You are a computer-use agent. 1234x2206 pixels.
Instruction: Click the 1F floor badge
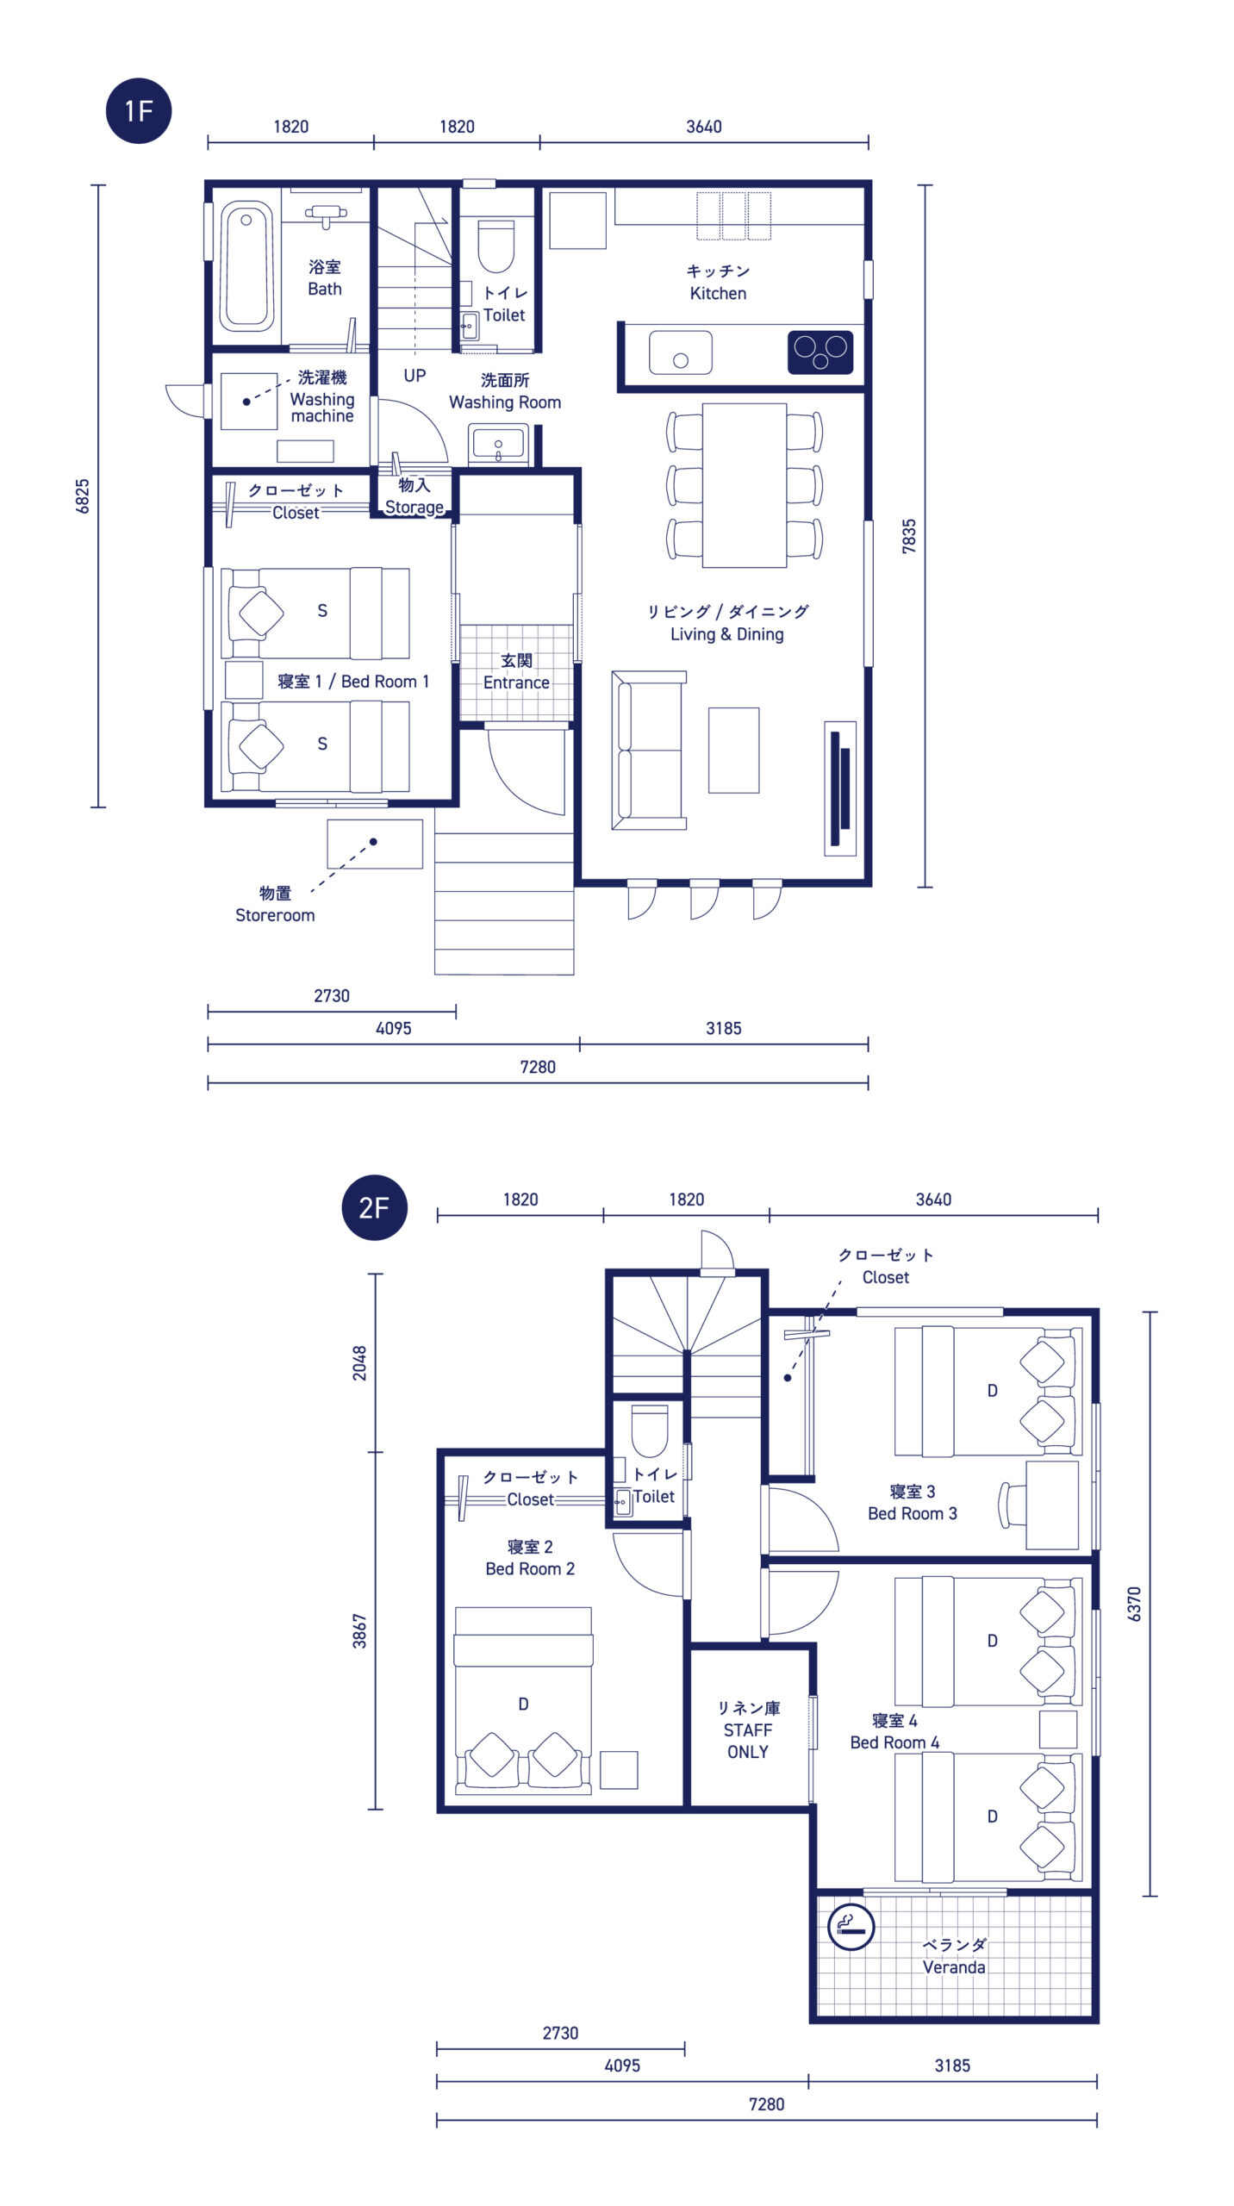pos(139,111)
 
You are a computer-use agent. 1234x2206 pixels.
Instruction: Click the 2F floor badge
pos(375,1207)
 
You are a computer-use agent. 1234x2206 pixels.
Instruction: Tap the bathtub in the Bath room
pos(247,266)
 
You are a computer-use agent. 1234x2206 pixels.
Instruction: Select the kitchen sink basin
pos(681,352)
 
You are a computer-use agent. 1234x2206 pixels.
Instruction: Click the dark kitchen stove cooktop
pos(820,352)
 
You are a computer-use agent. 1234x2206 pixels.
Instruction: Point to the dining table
pos(745,485)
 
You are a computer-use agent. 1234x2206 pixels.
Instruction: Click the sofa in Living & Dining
pos(649,751)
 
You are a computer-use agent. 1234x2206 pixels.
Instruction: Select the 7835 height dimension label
pos(909,536)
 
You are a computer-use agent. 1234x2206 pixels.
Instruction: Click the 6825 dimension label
pos(83,496)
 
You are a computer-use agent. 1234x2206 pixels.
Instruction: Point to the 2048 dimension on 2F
pos(359,1363)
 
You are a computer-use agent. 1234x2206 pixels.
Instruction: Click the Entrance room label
pos(516,682)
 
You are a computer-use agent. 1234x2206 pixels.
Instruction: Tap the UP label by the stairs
pos(414,376)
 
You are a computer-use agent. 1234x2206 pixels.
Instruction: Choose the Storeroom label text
pos(275,915)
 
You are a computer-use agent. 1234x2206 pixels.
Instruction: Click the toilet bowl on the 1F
pos(495,246)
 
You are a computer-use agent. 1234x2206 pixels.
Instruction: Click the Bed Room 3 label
pos(913,1513)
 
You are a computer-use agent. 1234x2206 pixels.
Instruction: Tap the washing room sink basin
pos(498,443)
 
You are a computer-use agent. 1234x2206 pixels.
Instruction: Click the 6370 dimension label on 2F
pos(1134,1604)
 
